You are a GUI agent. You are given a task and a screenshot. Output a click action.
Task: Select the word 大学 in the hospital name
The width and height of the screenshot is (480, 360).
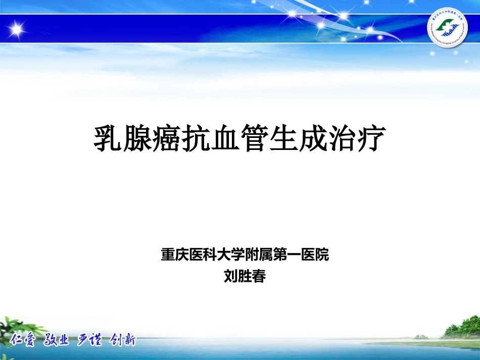pos(231,255)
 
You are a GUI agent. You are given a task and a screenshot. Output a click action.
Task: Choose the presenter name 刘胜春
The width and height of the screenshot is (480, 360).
pos(245,276)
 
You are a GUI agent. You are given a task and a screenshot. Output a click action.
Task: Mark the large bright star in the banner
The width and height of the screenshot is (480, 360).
pos(17,29)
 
